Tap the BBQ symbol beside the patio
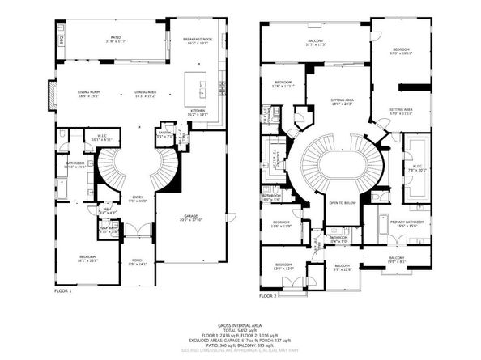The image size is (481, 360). (61, 38)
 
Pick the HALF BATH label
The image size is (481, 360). (104, 229)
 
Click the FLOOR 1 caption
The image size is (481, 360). (63, 290)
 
